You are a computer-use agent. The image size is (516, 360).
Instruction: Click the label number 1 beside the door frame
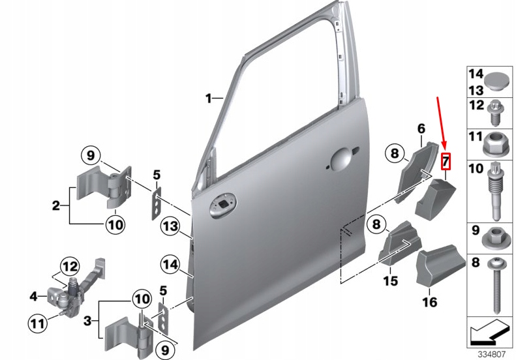click(x=209, y=98)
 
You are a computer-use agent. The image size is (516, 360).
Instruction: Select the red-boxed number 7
click(x=446, y=160)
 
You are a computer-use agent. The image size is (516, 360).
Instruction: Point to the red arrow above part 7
click(x=442, y=124)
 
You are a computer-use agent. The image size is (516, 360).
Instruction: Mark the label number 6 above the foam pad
click(x=421, y=128)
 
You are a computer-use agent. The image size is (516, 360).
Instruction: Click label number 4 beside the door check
click(x=34, y=296)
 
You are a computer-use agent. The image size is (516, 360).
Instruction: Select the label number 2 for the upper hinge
click(x=56, y=206)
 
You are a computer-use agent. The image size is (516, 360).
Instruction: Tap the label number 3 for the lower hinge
click(x=87, y=322)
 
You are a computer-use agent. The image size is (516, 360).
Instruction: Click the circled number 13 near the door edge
click(x=170, y=226)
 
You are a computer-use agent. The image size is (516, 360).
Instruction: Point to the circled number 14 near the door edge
click(x=170, y=264)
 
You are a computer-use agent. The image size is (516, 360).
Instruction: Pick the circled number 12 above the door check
click(x=69, y=266)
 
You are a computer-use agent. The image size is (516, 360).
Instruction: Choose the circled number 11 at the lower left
click(x=38, y=322)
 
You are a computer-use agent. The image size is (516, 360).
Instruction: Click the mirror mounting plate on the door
click(x=222, y=206)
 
